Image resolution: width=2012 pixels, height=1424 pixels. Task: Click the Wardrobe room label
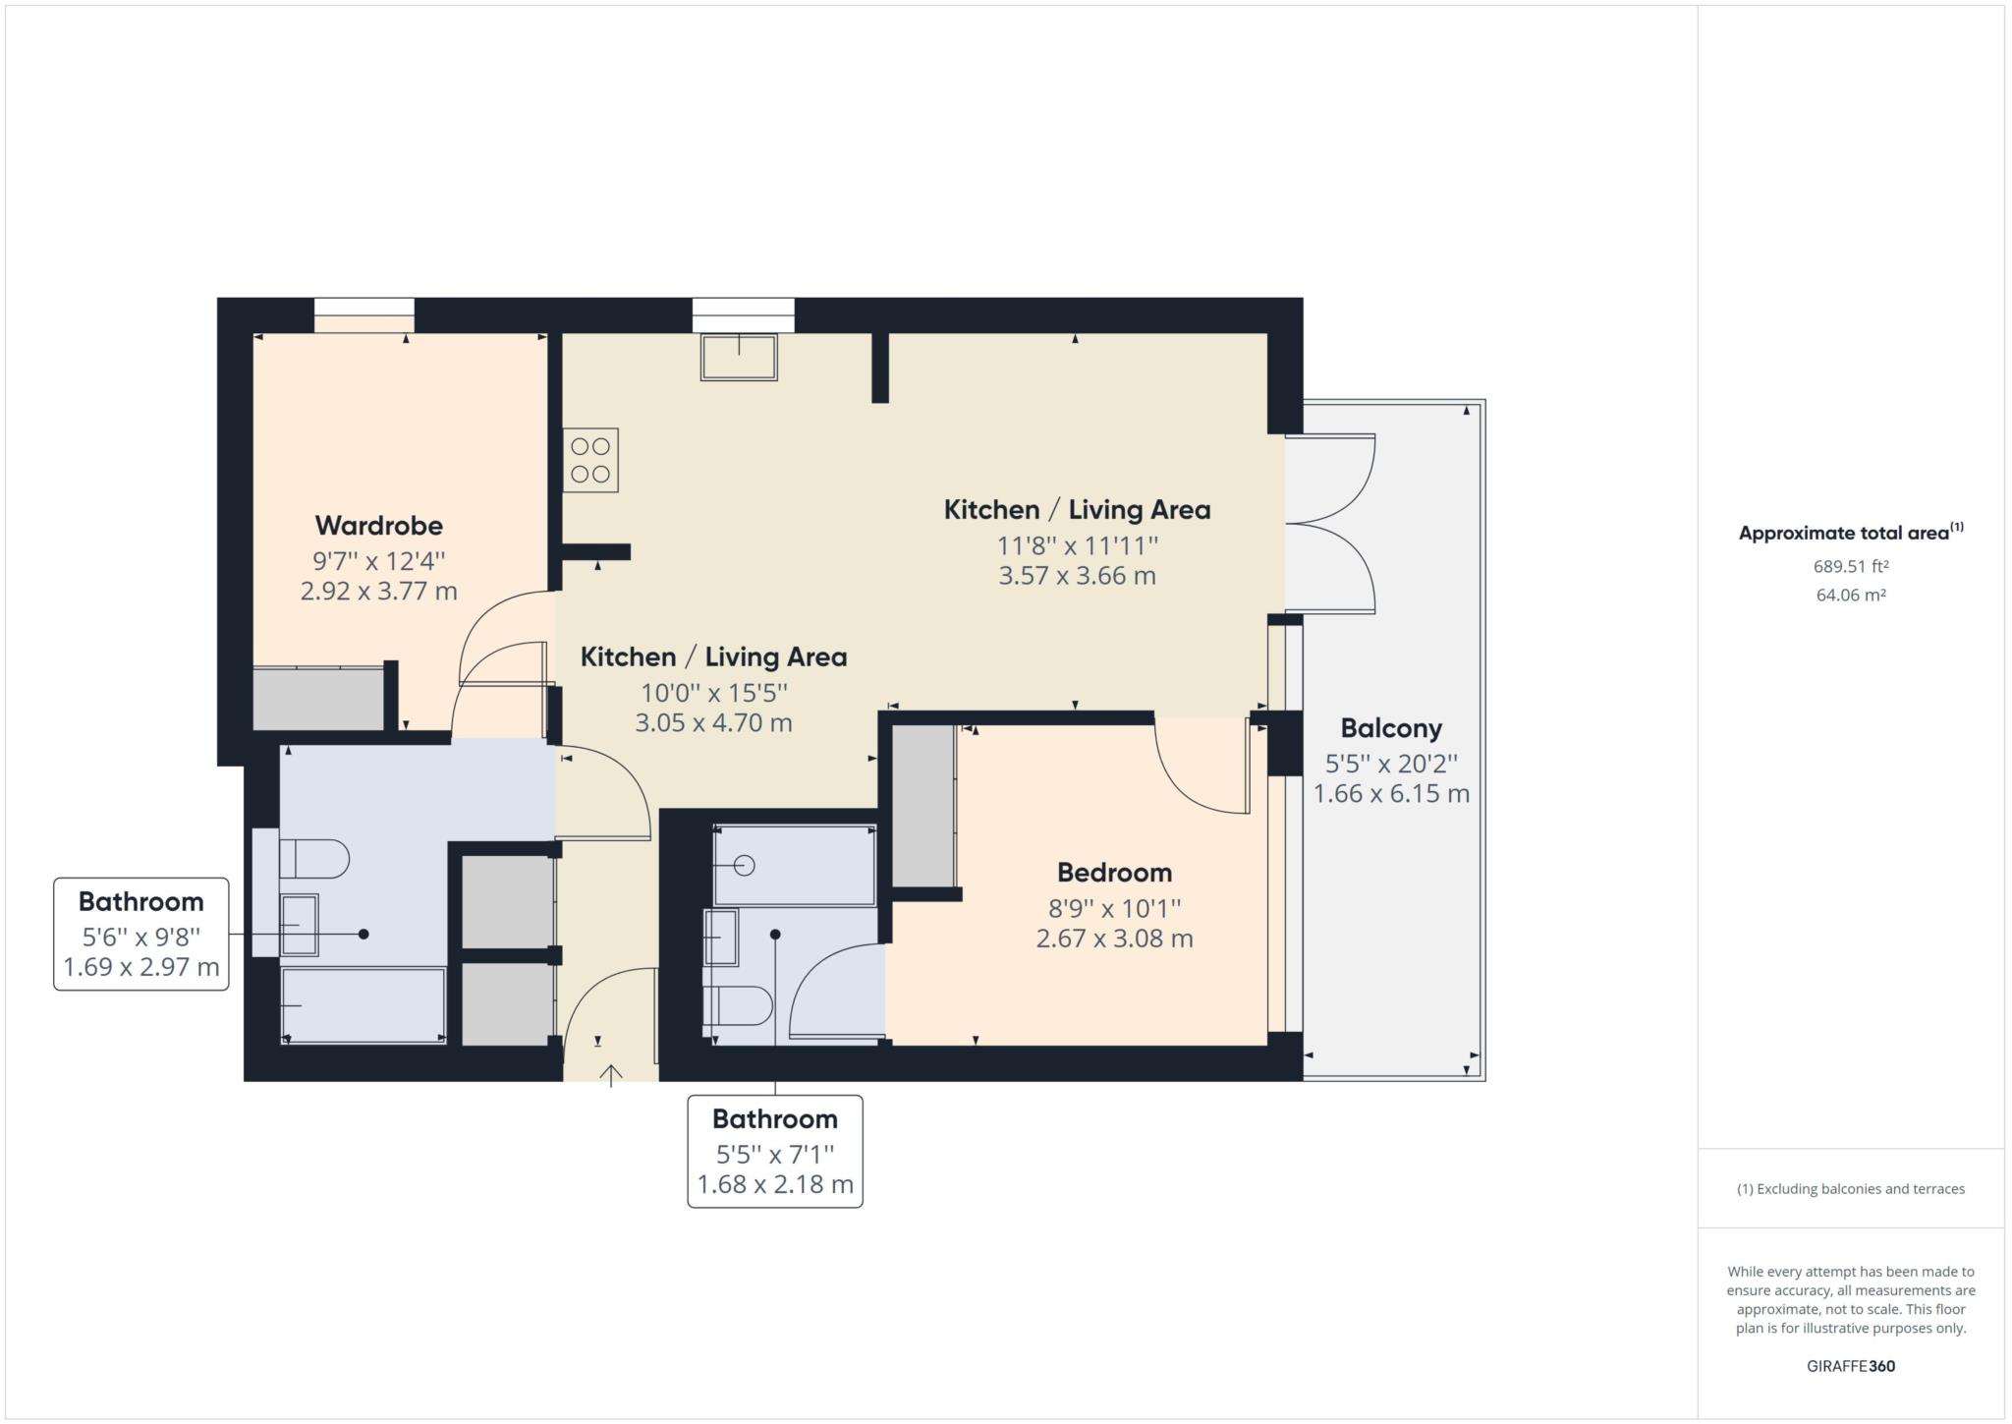tap(378, 525)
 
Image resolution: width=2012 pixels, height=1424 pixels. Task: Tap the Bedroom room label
tap(1114, 872)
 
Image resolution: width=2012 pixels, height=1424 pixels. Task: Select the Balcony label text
tap(1391, 728)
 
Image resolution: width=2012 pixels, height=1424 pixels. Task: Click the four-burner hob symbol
tap(590, 460)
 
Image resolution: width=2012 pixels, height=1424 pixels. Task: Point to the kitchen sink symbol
tap(739, 357)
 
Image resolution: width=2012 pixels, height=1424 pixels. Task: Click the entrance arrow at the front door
tap(611, 1075)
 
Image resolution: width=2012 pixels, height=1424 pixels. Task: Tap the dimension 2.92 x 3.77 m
tap(378, 591)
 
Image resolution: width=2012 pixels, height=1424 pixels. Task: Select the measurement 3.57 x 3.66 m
tap(1077, 575)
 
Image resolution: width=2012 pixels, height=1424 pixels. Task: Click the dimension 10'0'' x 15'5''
tap(713, 693)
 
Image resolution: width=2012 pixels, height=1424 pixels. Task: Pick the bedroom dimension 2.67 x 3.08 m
tap(1114, 938)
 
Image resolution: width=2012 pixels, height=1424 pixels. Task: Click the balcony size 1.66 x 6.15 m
tap(1391, 793)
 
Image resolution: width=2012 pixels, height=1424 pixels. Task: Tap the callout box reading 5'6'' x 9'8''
tap(141, 934)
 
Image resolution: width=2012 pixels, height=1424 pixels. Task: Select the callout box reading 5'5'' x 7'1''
tap(775, 1151)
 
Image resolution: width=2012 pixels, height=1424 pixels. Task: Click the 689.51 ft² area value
tap(1851, 566)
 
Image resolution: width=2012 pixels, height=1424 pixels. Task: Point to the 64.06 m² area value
tap(1851, 595)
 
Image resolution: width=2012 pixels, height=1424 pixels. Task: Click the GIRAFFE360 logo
tap(1851, 1366)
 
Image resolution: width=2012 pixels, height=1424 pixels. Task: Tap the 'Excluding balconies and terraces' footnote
tap(1851, 1188)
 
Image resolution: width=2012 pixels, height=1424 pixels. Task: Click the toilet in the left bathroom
tap(313, 858)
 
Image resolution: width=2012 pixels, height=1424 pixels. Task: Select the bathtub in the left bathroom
tap(363, 1005)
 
